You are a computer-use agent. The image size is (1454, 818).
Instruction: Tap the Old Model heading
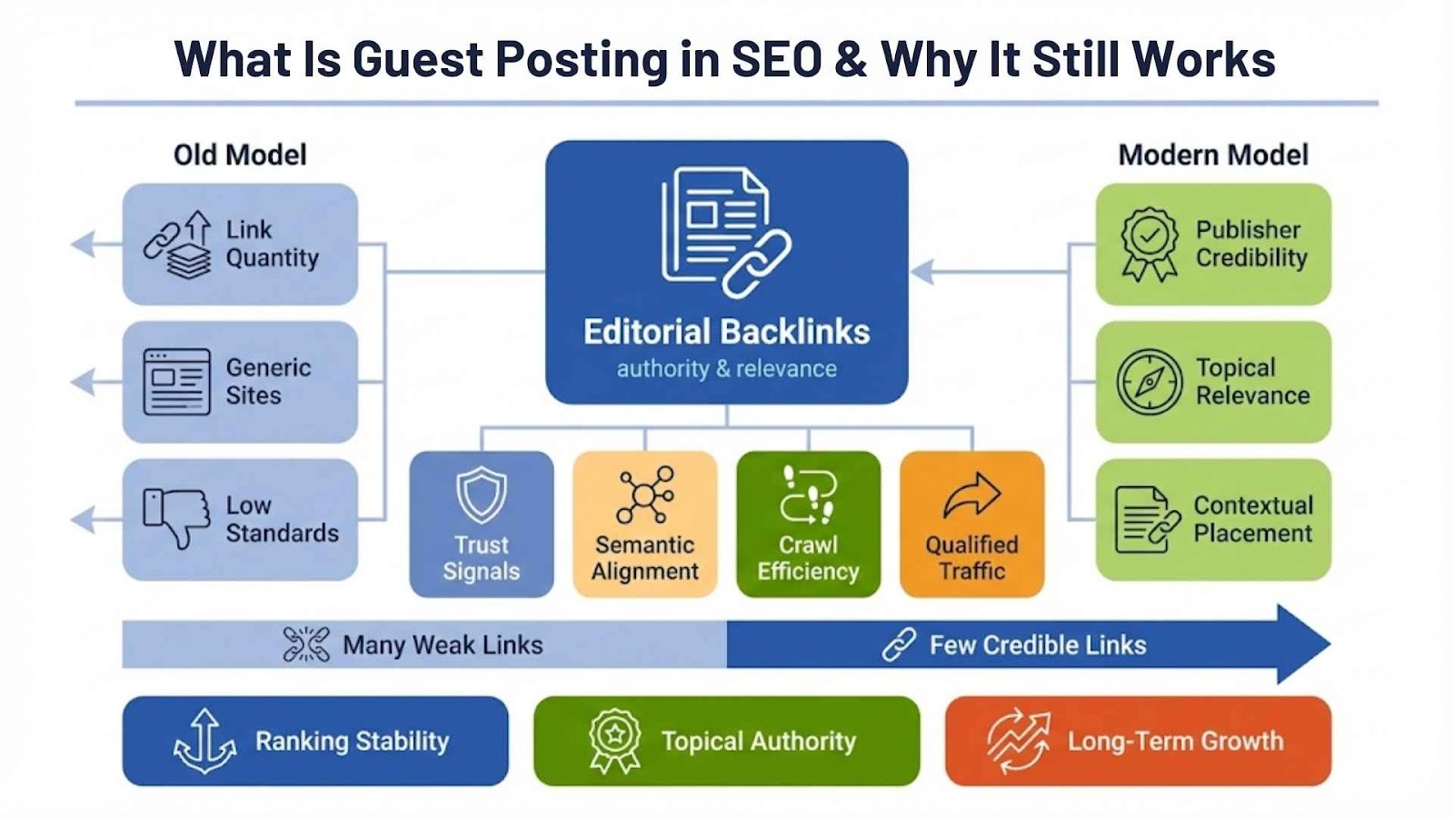coord(240,155)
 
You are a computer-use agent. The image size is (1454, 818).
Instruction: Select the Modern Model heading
coord(1212,155)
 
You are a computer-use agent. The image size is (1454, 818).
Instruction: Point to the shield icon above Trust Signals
coord(481,495)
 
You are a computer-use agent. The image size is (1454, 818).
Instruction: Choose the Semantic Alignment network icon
coord(644,495)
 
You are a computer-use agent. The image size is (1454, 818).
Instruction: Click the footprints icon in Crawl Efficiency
coord(808,496)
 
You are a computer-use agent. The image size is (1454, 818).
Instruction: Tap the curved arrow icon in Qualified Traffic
coord(971,495)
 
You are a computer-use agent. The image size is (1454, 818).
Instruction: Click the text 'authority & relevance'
coord(726,369)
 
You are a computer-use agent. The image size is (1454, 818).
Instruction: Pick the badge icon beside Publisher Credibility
coord(1149,244)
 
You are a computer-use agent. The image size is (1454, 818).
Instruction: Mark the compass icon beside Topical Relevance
coord(1149,382)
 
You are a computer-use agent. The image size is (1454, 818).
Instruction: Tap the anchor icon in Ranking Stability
coord(204,741)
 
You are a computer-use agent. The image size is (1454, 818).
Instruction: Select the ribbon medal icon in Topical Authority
coord(615,741)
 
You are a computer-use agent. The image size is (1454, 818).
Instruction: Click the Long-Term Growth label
coord(1175,741)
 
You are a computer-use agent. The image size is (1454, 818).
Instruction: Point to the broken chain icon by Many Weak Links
coord(306,644)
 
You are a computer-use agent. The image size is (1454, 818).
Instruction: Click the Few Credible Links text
coord(1037,645)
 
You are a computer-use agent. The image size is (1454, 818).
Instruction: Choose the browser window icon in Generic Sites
coord(176,382)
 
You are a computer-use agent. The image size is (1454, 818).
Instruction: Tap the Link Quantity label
coord(272,244)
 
